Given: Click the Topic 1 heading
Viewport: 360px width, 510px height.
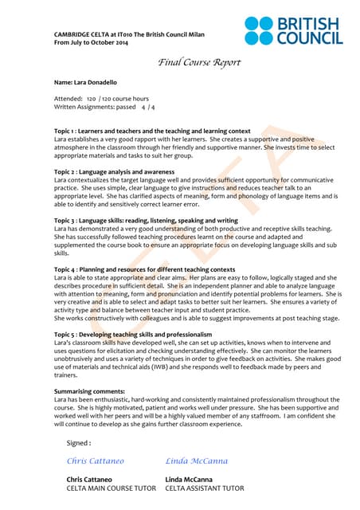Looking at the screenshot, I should [152, 131].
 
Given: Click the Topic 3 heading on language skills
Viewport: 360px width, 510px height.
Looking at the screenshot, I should [146, 220].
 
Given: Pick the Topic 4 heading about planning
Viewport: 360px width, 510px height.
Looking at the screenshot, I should [144, 269].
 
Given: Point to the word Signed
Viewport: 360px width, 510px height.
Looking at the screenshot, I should [79, 442].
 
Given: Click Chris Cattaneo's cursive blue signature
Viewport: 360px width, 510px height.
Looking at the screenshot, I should [96, 461].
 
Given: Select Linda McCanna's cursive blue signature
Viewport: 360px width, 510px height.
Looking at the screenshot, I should [197, 461].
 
